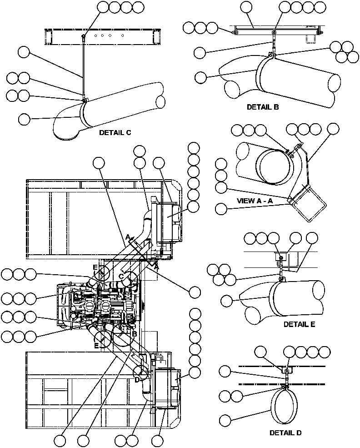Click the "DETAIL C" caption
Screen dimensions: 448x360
[x=115, y=133]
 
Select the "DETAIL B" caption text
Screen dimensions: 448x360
[x=263, y=107]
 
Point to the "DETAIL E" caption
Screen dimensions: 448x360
[x=299, y=324]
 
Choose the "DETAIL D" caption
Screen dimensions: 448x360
[x=285, y=433]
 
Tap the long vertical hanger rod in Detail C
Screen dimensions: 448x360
[x=83, y=68]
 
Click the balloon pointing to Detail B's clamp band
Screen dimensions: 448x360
[x=200, y=77]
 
